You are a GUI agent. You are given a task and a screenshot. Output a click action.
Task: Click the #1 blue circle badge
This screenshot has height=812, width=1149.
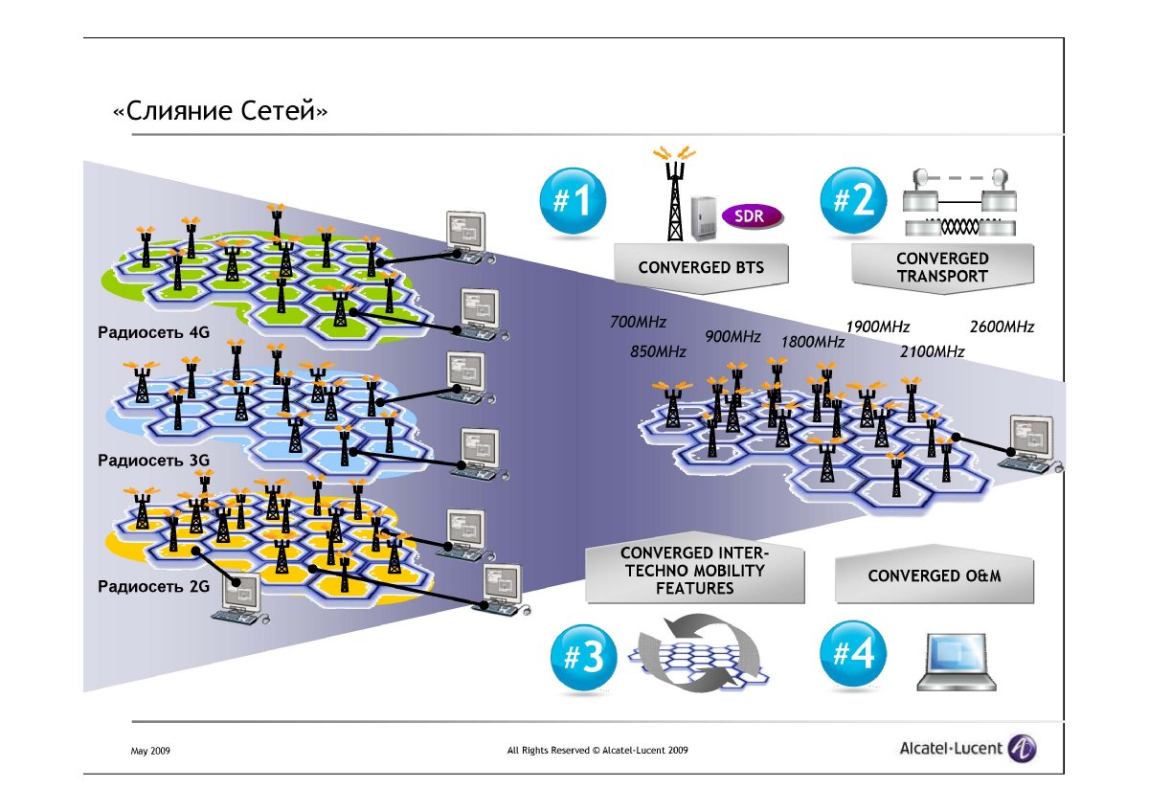(x=572, y=202)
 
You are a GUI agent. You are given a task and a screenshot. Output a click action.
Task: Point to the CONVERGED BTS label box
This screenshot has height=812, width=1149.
(x=701, y=267)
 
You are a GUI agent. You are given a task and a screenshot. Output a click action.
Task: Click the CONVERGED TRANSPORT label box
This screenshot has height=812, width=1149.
(x=942, y=267)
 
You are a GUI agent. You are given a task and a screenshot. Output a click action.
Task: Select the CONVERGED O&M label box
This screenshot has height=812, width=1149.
(x=935, y=576)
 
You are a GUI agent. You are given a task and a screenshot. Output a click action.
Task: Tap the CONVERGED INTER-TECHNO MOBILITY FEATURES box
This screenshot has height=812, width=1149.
(x=694, y=572)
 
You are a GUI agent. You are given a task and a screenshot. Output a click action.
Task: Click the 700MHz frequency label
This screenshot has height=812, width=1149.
(x=638, y=322)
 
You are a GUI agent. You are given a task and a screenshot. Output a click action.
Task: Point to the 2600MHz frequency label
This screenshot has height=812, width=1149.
(x=1002, y=327)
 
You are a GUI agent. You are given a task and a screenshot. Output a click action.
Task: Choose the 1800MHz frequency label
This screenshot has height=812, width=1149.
(x=812, y=342)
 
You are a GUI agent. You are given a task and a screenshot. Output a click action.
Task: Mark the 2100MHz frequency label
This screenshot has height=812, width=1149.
(x=932, y=352)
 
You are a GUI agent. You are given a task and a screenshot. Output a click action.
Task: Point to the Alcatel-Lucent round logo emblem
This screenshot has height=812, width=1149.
(x=1023, y=749)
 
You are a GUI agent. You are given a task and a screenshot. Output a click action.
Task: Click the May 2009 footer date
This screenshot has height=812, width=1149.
(x=150, y=752)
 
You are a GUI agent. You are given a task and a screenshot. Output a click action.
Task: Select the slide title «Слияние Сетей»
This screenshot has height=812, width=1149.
(x=220, y=112)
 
